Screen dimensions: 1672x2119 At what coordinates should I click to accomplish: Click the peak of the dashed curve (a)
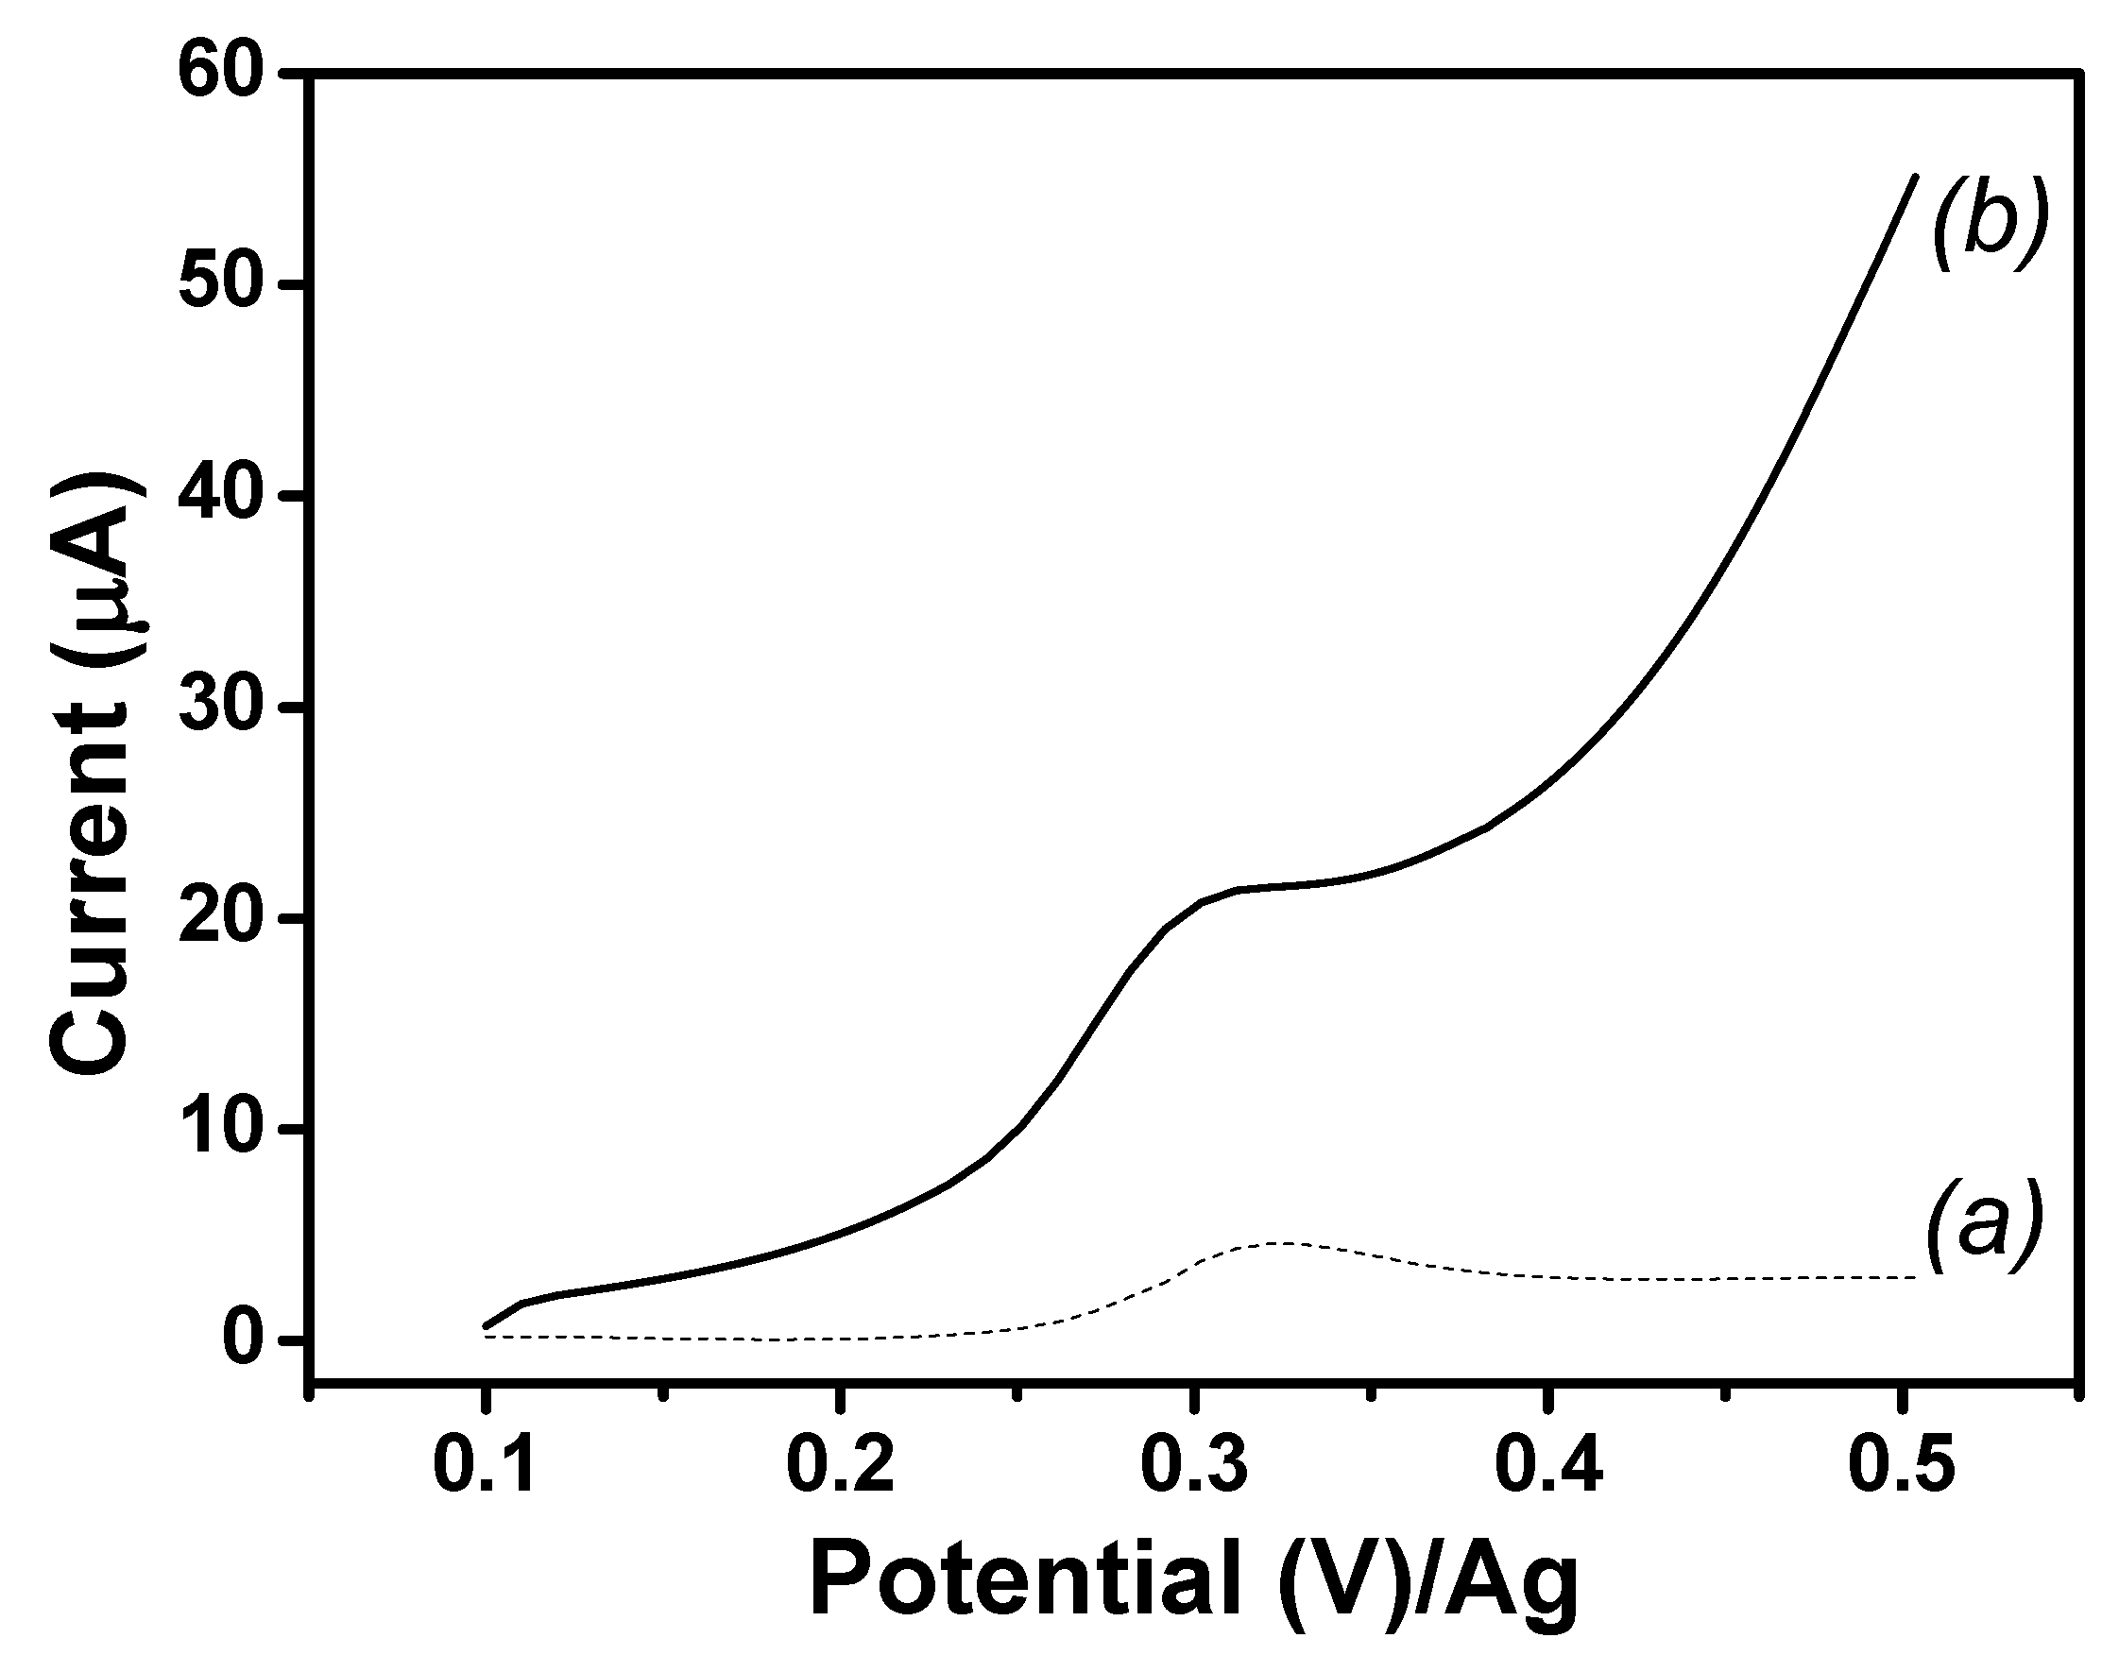pyautogui.click(x=1277, y=1243)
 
